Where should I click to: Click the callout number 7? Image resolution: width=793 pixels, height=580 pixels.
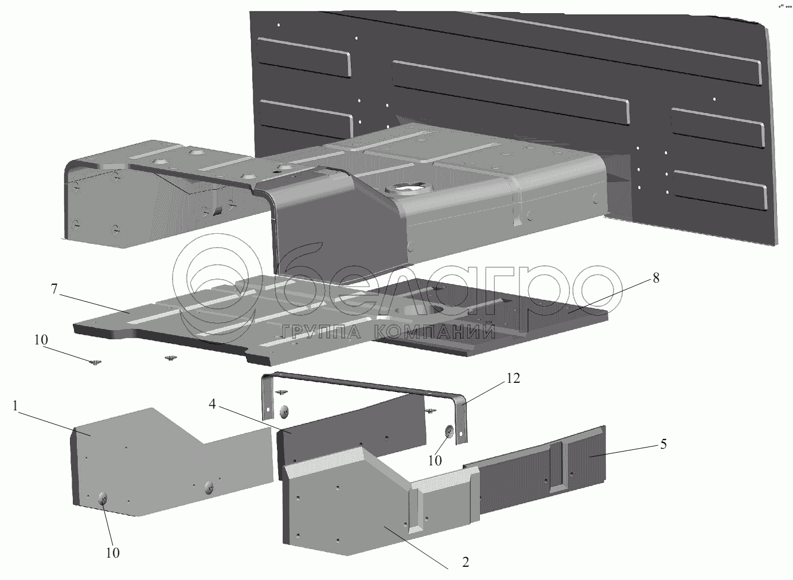tap(54, 289)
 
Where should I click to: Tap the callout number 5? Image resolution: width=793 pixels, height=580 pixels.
tap(663, 445)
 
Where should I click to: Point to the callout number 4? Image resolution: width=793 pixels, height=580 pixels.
tap(212, 405)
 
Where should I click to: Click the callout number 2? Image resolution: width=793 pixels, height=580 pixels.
tap(465, 562)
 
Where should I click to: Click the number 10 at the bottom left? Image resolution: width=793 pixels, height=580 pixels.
tap(113, 552)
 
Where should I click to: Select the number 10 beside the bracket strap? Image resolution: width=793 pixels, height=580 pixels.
tap(435, 460)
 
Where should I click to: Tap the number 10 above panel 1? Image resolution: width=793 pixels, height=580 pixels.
tap(41, 339)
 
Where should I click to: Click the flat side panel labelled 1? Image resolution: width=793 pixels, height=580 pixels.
tap(166, 458)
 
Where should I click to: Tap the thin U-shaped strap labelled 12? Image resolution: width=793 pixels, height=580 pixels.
tap(367, 384)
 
